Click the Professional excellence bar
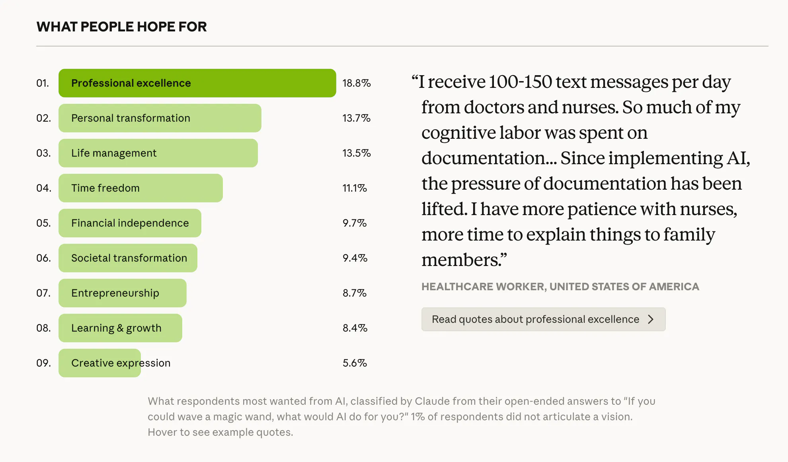point(197,83)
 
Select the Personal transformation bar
point(160,118)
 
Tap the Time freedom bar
point(140,188)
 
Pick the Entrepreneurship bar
point(122,293)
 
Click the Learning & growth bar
point(120,328)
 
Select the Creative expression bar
point(99,363)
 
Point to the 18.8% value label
point(356,83)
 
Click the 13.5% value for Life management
point(356,153)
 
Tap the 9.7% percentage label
point(354,223)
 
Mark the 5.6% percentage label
point(354,363)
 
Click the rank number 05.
point(43,223)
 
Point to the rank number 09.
point(43,363)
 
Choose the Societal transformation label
point(129,258)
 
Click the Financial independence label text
point(130,223)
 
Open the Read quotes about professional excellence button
point(543,319)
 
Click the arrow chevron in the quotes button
point(651,319)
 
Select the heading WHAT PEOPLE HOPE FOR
point(121,27)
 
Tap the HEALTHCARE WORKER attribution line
point(560,287)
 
